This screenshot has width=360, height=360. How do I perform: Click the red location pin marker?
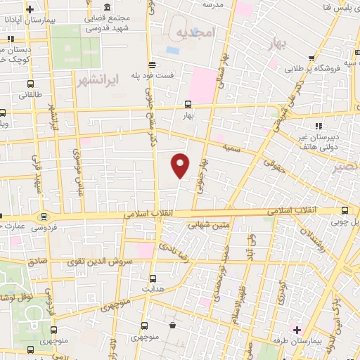[x=181, y=166]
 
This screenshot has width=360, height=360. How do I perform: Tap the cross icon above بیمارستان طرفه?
[x=296, y=328]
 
